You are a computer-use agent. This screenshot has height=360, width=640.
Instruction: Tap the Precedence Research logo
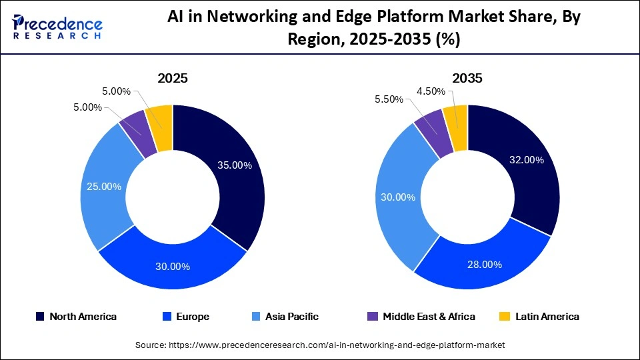(57, 27)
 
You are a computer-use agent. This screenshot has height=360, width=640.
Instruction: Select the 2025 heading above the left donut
(172, 78)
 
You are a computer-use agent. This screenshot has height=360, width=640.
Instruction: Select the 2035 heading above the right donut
(467, 78)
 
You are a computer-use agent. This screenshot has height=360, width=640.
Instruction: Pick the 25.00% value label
(103, 187)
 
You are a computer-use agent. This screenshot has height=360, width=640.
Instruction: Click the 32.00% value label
(526, 160)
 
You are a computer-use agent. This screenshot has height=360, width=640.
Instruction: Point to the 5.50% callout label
(388, 99)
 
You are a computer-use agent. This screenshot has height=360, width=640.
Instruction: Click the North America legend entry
(76, 317)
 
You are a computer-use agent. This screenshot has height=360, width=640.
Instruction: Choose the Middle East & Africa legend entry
(422, 317)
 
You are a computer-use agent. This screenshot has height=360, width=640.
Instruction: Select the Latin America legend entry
(540, 317)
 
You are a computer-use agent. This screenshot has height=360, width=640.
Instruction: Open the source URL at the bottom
(320, 345)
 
